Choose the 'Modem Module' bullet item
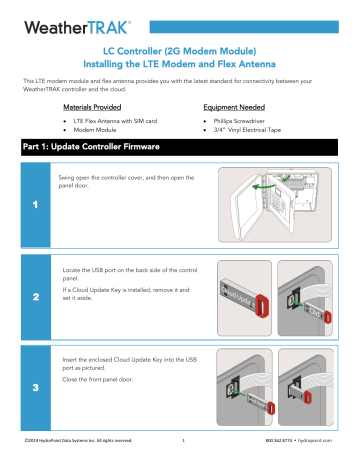pos(102,130)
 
